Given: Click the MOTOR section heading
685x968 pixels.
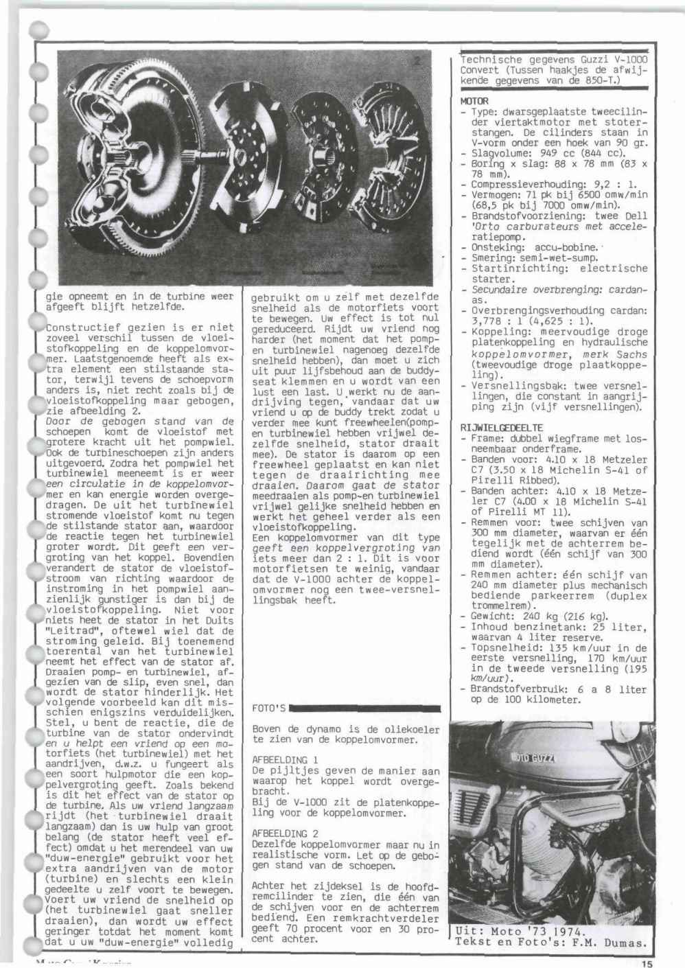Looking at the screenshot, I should pyautogui.click(x=474, y=101).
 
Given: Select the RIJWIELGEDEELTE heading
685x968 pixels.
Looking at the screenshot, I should pyautogui.click(x=502, y=428).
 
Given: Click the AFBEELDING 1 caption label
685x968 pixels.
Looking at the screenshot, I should pyautogui.click(x=285, y=760).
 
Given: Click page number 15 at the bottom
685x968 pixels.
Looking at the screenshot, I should pyautogui.click(x=648, y=963).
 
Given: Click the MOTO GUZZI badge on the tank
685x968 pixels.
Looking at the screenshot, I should pyautogui.click(x=534, y=758).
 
